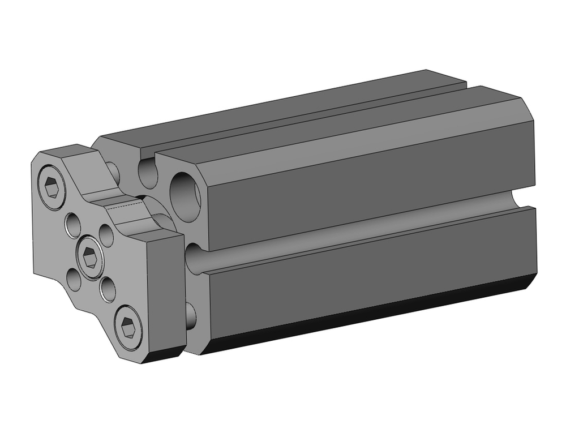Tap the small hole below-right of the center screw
pyautogui.click(x=107, y=289)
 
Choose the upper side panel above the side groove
pyautogui.click(x=368, y=181)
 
